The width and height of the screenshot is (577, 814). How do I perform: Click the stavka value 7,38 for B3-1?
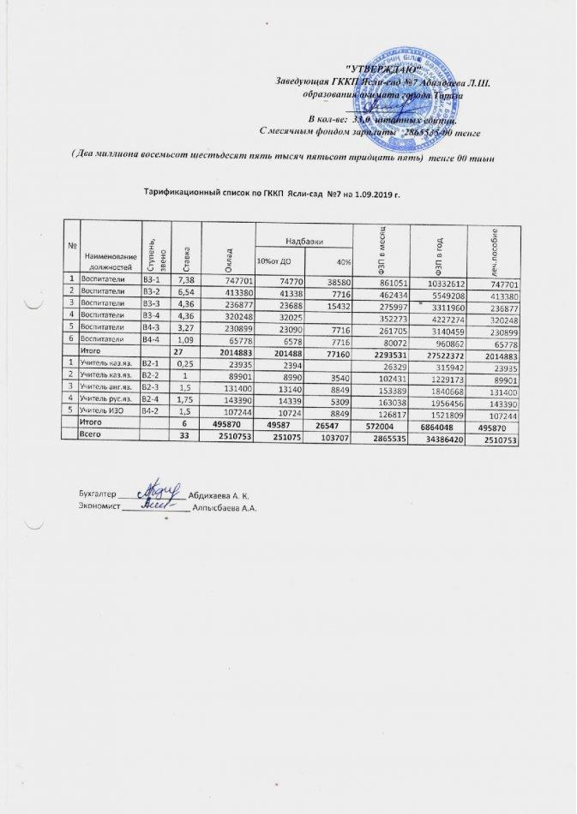pos(185,281)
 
